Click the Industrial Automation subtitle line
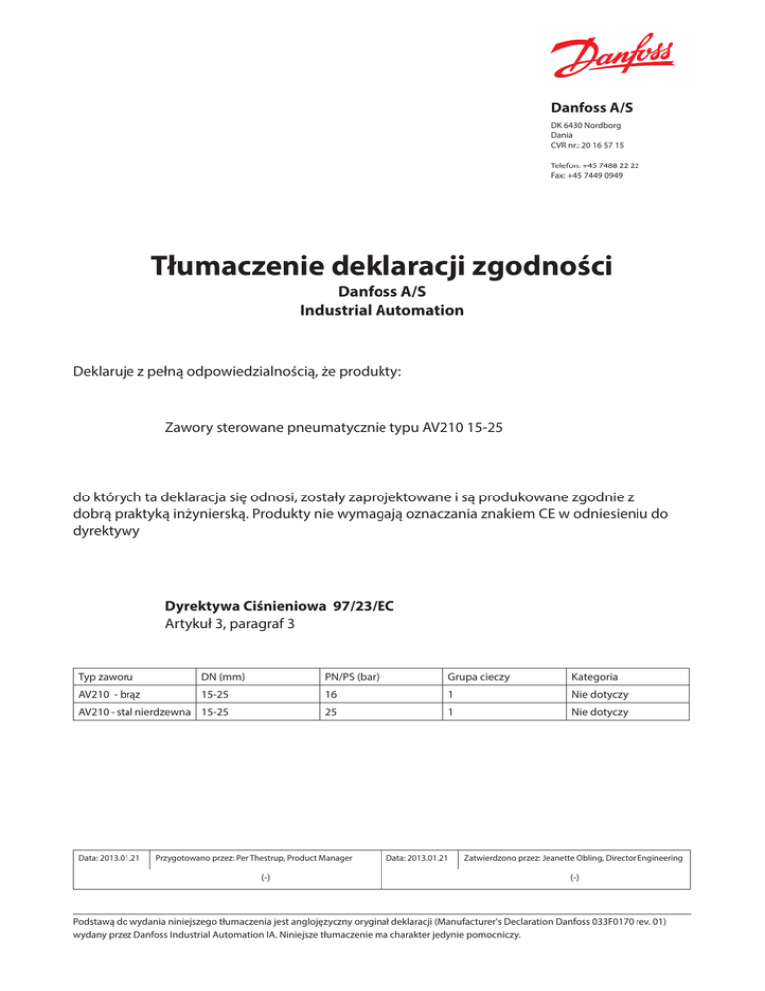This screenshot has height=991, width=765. point(382,311)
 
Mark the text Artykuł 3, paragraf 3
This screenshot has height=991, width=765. point(229,625)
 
